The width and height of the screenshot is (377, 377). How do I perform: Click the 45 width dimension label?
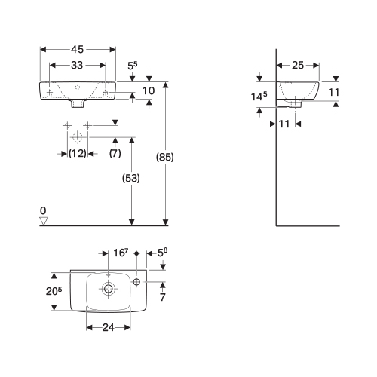pos(77,49)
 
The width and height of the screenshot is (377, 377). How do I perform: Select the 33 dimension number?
pos(77,66)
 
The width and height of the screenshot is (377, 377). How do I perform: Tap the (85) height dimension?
pos(165,158)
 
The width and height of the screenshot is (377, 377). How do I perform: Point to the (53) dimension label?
pos(131,179)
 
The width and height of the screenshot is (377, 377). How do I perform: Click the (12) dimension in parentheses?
pos(78,153)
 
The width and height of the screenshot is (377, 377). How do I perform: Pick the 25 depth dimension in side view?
pos(298,66)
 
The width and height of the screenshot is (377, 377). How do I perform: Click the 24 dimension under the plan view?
pos(109,327)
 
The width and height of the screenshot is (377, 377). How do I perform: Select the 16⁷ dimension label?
pos(121,253)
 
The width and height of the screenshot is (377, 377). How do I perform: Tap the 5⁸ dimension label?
pos(162,253)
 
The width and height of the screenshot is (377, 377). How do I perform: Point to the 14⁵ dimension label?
pos(259,97)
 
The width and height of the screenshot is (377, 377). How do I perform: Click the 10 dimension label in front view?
pos(149,90)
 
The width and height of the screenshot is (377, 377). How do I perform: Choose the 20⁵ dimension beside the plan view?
pos(54,291)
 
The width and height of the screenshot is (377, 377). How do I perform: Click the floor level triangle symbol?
pos(44,221)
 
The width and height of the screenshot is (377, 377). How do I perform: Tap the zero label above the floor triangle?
pos(43,210)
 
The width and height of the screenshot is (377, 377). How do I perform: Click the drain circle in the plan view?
pos(109,289)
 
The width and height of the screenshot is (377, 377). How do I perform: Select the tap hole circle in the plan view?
pos(136,282)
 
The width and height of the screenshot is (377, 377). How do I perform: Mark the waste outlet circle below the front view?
pos(77,137)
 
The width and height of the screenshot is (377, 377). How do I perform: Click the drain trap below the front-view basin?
pos(77,103)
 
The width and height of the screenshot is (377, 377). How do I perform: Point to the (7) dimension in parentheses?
pos(115,153)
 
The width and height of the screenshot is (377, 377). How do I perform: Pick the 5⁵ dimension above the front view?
pos(133,66)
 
